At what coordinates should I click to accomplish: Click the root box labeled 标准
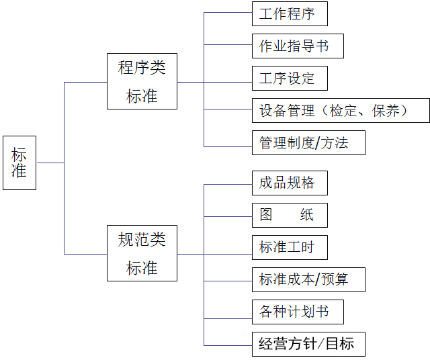pos(19,163)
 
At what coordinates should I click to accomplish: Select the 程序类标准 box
pos(142,81)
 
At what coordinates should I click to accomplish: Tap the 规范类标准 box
pos(142,253)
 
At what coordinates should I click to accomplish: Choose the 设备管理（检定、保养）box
pos(341,110)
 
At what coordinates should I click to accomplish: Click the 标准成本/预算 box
pos(308,279)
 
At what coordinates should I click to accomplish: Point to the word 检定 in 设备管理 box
pos(343,110)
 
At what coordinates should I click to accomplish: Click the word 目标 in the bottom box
pos(341,344)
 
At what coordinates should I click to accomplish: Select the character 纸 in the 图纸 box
pos(306,215)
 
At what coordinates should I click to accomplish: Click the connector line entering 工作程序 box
pos(228,13)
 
